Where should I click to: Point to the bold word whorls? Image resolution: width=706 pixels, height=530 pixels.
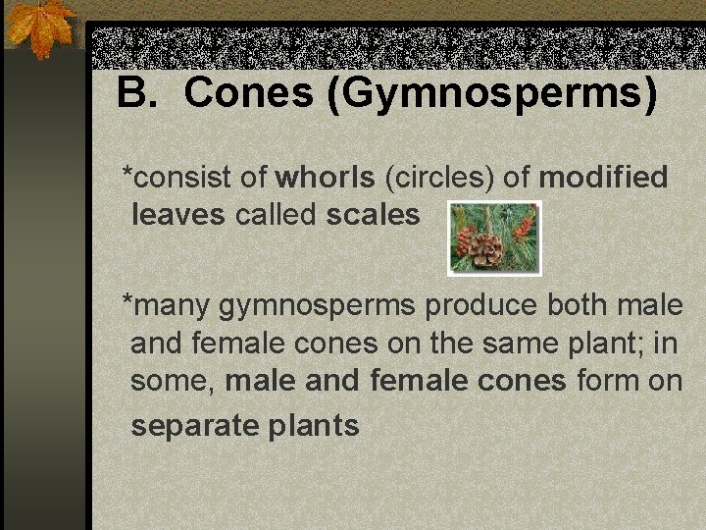pos(326,178)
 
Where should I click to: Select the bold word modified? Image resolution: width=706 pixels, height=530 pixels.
pos(603,178)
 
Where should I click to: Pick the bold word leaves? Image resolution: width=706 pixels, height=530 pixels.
pos(177,214)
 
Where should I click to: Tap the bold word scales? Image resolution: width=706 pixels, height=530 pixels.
pos(373,214)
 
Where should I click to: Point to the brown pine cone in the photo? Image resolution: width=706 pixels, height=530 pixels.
pos(483,248)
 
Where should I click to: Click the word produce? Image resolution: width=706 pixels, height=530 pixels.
pos(480,306)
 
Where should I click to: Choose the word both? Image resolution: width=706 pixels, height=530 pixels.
pos(580,306)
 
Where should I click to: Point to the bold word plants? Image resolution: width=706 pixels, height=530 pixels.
pos(315,427)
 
